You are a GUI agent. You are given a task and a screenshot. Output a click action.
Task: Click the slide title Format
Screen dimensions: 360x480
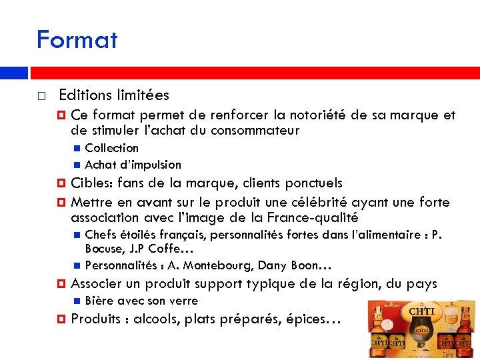pos(77,40)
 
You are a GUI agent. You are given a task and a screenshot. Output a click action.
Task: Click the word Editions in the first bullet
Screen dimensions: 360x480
pos(83,95)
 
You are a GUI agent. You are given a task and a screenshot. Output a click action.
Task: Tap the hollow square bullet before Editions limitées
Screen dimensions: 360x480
pos(41,96)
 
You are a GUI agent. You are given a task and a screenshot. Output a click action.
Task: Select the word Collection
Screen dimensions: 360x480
pos(112,148)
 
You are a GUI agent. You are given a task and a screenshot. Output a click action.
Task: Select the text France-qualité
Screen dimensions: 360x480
pos(312,218)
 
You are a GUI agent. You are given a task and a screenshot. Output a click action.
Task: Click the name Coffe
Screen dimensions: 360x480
pos(170,249)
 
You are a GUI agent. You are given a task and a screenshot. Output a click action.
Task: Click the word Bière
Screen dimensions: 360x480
pos(98,301)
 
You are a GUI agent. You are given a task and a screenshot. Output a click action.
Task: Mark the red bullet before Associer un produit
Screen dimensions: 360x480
pos(61,284)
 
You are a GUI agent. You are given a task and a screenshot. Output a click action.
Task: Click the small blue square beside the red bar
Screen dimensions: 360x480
pos(23,73)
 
